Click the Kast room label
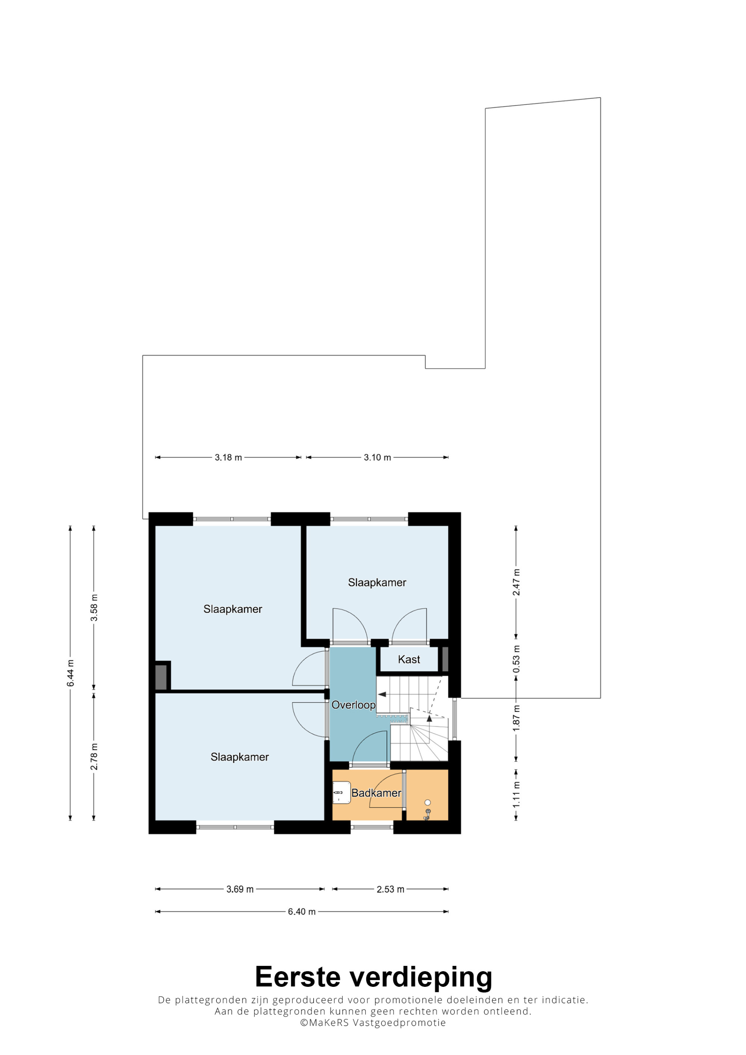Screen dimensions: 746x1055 click(x=409, y=659)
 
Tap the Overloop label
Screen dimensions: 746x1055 click(x=354, y=705)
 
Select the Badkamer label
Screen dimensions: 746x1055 click(x=376, y=793)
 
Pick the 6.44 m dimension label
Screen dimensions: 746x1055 click(x=70, y=673)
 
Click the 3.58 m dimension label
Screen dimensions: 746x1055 click(x=94, y=607)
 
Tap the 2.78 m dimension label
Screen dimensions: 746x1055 click(x=94, y=757)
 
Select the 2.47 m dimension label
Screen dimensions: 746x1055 click(x=516, y=582)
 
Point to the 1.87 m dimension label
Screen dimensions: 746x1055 click(x=516, y=718)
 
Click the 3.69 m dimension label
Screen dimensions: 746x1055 click(x=240, y=889)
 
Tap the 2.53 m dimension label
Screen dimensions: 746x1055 click(x=390, y=889)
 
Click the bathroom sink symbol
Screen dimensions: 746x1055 click(x=342, y=793)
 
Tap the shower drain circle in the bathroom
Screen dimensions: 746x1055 click(x=427, y=802)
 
